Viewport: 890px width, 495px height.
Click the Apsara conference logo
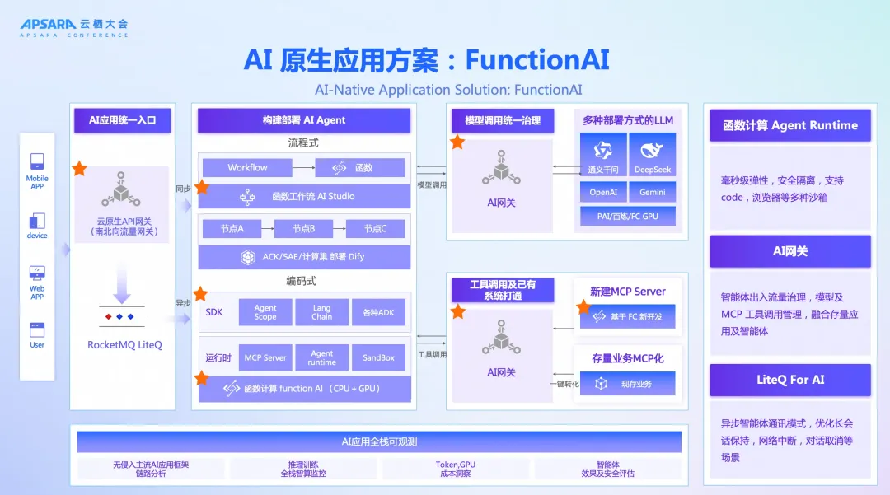tap(74, 28)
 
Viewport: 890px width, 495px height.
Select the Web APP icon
tap(37, 273)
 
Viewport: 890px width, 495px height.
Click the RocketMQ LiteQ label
tap(124, 345)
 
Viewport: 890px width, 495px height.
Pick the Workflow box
tap(247, 168)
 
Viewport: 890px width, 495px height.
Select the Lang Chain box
tap(321, 312)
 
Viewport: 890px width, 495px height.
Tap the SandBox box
tap(378, 357)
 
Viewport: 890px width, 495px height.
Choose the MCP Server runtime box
tap(265, 357)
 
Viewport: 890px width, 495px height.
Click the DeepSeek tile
tap(653, 156)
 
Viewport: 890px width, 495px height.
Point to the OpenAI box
tap(603, 193)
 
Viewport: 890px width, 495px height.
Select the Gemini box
tap(653, 193)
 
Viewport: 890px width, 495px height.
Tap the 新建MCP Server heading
tap(628, 292)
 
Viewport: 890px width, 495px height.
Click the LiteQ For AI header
tap(790, 380)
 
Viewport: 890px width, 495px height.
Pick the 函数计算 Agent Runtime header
tap(790, 125)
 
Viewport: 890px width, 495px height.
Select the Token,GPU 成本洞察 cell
tap(456, 469)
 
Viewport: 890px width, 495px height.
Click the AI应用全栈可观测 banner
tap(379, 442)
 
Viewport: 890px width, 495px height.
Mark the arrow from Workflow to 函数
tap(303, 168)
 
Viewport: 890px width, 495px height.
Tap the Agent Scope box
tap(265, 312)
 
